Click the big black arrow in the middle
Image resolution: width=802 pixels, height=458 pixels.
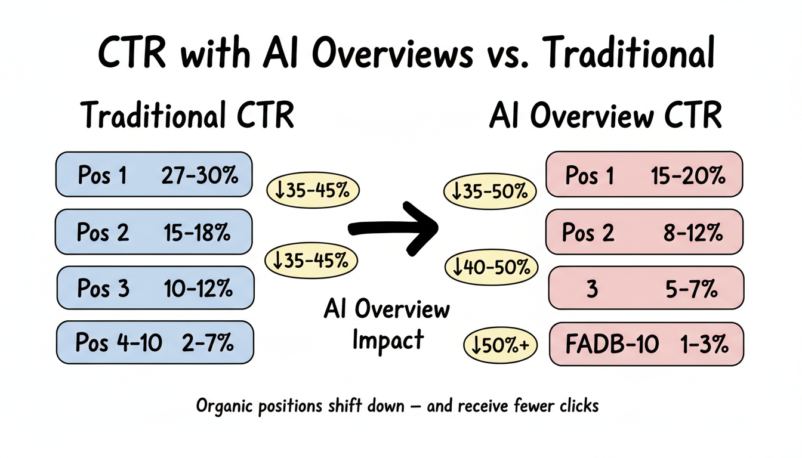coord(394,227)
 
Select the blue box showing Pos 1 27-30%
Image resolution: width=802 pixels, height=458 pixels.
coord(154,174)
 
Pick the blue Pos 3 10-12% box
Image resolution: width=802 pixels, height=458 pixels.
coord(155,289)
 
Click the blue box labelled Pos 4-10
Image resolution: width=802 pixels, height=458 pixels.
coord(155,343)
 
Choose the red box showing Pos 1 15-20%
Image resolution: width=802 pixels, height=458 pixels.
coord(644,174)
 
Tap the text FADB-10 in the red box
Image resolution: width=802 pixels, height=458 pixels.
coord(612,344)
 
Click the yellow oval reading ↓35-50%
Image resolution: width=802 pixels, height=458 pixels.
coord(490,191)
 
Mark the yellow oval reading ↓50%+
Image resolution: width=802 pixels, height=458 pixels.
coord(501,345)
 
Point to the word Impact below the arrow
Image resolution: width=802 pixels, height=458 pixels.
coord(388,339)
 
